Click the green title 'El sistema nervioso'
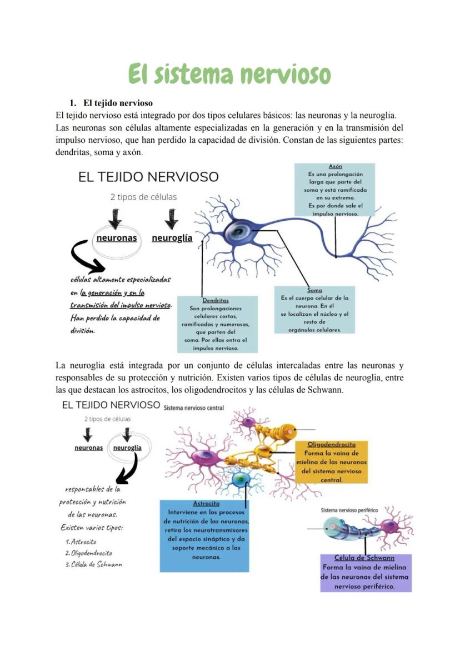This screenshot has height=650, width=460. pyautogui.click(x=229, y=74)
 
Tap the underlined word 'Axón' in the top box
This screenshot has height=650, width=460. pyautogui.click(x=335, y=166)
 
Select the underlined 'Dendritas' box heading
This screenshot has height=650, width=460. pyautogui.click(x=216, y=300)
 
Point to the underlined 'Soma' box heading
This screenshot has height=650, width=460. pyautogui.click(x=314, y=290)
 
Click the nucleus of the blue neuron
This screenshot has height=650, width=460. pyautogui.click(x=241, y=230)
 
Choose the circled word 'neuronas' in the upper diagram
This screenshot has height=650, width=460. pyautogui.click(x=117, y=238)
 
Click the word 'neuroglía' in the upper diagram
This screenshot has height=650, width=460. pyautogui.click(x=172, y=238)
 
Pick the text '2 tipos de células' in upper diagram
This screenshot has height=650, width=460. pyautogui.click(x=143, y=197)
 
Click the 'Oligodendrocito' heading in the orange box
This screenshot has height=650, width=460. pyautogui.click(x=332, y=445)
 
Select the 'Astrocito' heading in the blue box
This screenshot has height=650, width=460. pyautogui.click(x=206, y=503)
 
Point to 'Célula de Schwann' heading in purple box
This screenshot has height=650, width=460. pyautogui.click(x=364, y=558)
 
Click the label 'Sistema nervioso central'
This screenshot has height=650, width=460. pyautogui.click(x=194, y=408)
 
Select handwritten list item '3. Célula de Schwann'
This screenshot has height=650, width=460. pyautogui.click(x=93, y=564)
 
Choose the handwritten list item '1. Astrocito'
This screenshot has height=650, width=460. pyautogui.click(x=81, y=542)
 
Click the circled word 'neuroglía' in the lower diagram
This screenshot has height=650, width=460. pyautogui.click(x=127, y=448)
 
